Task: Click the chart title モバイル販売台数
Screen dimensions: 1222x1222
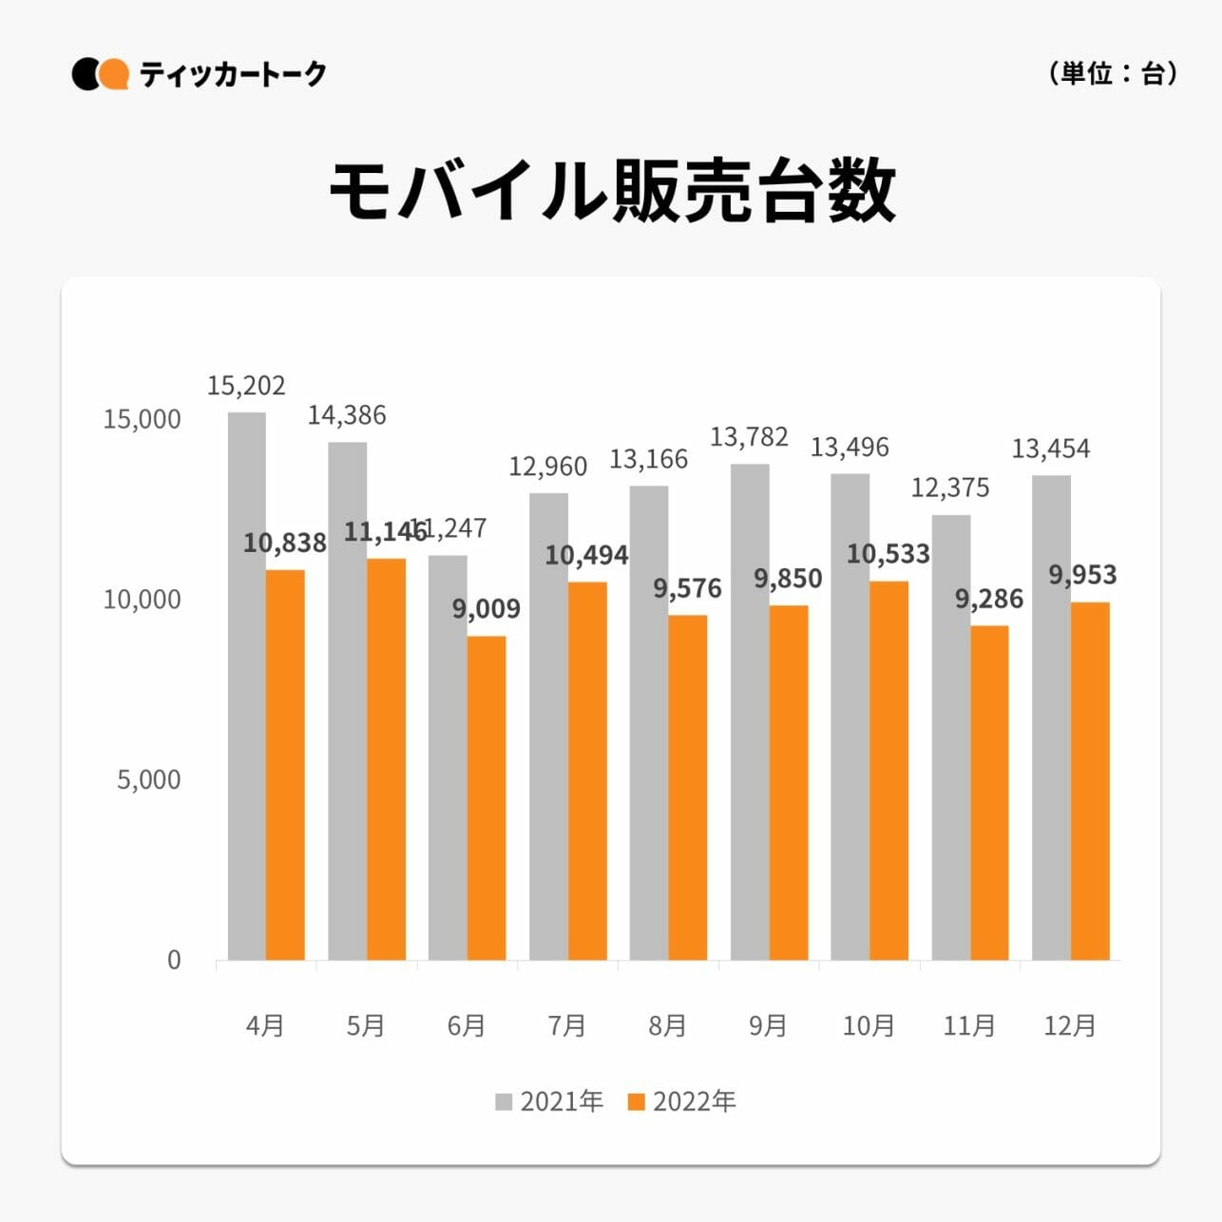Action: click(611, 191)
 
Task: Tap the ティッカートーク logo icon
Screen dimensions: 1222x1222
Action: click(100, 74)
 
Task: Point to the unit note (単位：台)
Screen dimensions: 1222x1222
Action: click(1113, 73)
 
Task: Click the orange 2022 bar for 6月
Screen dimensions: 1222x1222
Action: click(487, 798)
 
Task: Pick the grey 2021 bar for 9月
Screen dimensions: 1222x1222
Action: click(750, 713)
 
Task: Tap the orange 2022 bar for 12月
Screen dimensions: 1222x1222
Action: click(1090, 781)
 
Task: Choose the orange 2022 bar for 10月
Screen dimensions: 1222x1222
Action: click(888, 770)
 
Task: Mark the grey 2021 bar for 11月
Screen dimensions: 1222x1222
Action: click(950, 737)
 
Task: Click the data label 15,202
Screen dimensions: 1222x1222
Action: click(246, 386)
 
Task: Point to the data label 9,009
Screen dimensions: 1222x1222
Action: click(486, 609)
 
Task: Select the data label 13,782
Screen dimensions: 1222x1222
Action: click(749, 437)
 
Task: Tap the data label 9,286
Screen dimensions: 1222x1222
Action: click(989, 600)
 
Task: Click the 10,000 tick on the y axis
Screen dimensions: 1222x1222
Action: click(142, 600)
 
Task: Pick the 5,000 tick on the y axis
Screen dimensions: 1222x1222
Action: click(148, 780)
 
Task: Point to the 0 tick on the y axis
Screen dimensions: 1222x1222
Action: click(174, 960)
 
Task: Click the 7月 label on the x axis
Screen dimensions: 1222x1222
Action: click(566, 1026)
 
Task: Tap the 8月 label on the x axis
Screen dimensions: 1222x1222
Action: click(667, 1026)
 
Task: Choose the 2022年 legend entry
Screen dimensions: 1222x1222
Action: click(682, 1101)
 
